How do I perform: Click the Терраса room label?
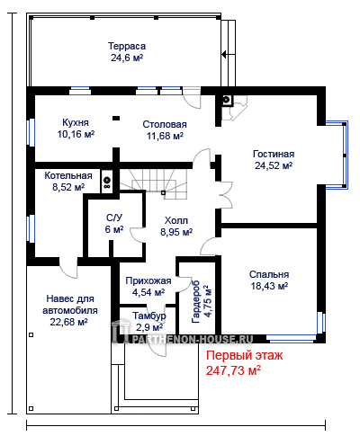point(127,46)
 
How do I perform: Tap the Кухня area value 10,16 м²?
point(76,134)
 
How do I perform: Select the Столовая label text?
point(165,124)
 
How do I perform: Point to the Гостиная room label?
point(274,154)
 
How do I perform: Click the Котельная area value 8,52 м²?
point(68,187)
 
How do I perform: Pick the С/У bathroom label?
point(114,218)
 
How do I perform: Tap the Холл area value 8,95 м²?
point(176,232)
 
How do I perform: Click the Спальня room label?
point(269,274)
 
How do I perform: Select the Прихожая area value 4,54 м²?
point(148,292)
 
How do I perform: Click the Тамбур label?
point(149,316)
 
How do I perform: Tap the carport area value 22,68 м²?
point(68,322)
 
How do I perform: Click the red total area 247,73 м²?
point(233,370)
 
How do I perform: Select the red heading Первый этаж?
point(244,356)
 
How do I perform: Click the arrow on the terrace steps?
point(229,55)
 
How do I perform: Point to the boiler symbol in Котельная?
point(107,181)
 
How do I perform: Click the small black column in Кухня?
point(116,118)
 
